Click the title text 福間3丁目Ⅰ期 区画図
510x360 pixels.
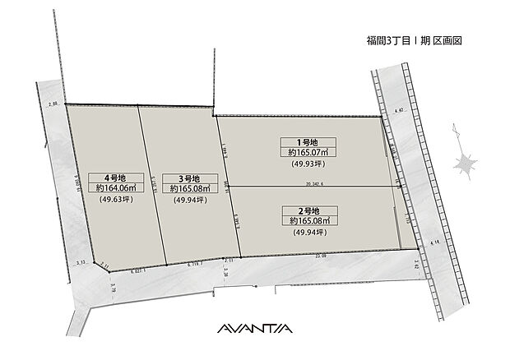pos(408,39)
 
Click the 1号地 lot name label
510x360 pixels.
pos(307,141)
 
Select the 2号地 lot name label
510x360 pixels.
pos(308,210)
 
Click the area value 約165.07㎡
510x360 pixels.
pos(308,152)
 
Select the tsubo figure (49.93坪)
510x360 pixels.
pos(308,164)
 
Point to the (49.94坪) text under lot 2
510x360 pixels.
pos(308,233)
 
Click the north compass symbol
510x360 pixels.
pos(466,161)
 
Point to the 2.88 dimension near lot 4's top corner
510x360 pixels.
pos(54,104)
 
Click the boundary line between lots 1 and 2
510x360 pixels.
pos(313,187)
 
